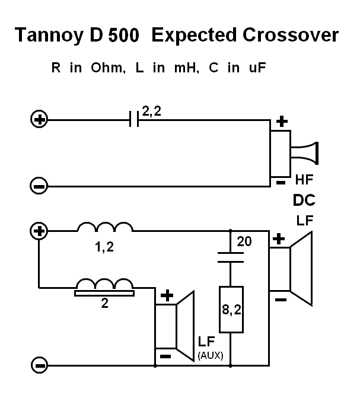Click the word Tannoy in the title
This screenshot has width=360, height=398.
point(49,35)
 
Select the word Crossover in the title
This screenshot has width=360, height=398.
point(291,34)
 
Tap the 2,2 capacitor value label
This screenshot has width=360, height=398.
point(152,112)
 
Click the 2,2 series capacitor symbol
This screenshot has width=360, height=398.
point(134,119)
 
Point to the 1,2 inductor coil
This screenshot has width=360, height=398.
point(105,227)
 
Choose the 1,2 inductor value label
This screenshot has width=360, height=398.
point(104,247)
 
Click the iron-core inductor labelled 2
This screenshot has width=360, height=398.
point(104,287)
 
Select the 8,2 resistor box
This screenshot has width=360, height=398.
point(231,310)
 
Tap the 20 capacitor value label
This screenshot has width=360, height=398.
point(244,241)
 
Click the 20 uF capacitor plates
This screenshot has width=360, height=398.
point(231,257)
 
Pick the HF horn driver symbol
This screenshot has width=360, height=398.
point(294,154)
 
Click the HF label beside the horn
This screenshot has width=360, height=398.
point(304,180)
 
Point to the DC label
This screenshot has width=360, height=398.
point(304,200)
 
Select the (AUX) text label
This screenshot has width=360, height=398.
point(210,356)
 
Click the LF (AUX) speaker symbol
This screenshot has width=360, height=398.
point(175,326)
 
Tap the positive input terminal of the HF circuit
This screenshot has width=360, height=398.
point(39,119)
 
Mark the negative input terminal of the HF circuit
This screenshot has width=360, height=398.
point(39,186)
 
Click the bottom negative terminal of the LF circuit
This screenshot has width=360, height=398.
point(39,365)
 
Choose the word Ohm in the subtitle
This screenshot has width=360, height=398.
point(108,68)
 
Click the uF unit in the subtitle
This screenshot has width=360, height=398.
point(257,68)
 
